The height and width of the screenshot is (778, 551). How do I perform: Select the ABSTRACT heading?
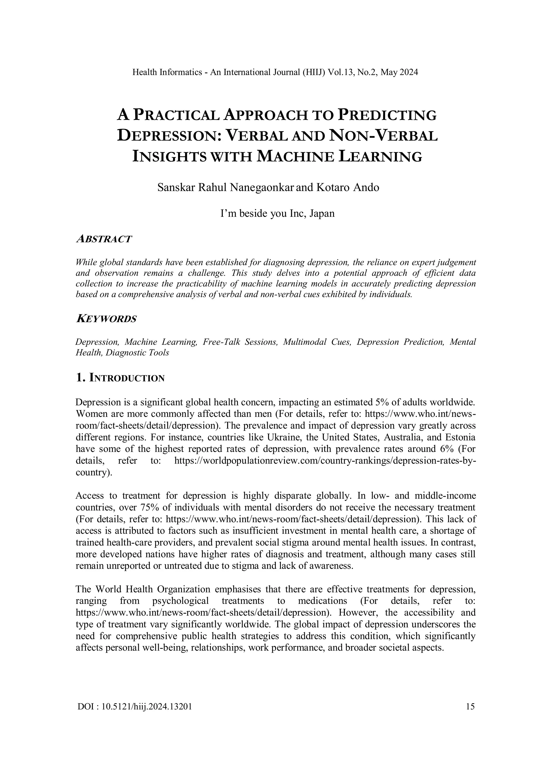tap(104, 239)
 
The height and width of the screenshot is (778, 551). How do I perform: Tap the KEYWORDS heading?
tap(106, 319)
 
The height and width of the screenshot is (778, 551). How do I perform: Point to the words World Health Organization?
tap(152, 589)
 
